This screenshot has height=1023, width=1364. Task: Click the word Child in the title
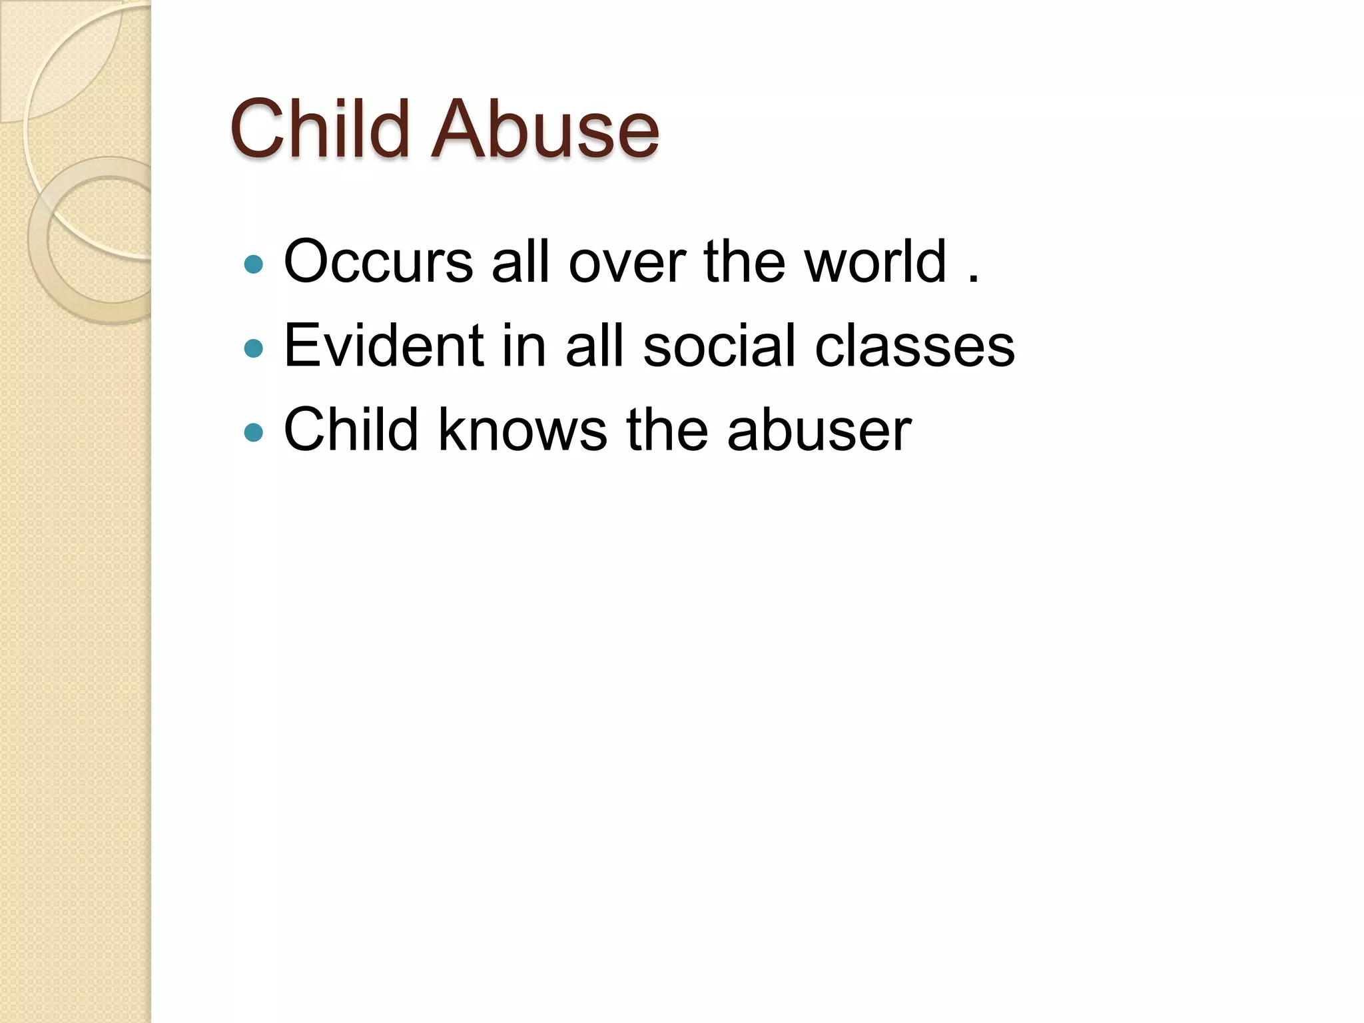tap(319, 129)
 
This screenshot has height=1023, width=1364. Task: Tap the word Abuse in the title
tap(545, 129)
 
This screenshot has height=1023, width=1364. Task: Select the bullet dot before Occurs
tap(254, 265)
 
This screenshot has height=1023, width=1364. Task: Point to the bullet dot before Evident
tap(254, 348)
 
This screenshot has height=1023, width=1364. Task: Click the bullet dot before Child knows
tap(254, 433)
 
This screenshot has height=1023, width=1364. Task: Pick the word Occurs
tap(378, 262)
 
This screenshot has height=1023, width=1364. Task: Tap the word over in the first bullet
tap(627, 262)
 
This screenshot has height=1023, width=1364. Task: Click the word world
tap(875, 262)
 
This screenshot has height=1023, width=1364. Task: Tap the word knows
tap(522, 430)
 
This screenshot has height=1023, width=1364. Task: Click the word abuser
tap(819, 430)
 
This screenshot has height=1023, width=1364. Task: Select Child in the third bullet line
tap(351, 430)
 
